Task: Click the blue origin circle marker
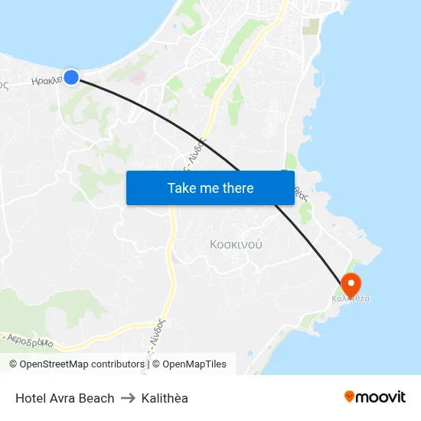pyautogui.click(x=71, y=77)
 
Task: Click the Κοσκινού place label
pyautogui.click(x=236, y=245)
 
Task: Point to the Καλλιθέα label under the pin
pyautogui.click(x=351, y=299)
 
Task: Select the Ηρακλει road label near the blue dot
pyautogui.click(x=47, y=80)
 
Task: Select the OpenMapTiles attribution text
pyautogui.click(x=194, y=364)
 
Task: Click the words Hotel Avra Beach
pyautogui.click(x=65, y=398)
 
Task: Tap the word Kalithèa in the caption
pyautogui.click(x=165, y=398)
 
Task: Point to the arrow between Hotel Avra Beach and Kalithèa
pyautogui.click(x=128, y=398)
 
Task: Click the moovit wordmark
pyautogui.click(x=380, y=397)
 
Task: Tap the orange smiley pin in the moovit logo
pyautogui.click(x=350, y=397)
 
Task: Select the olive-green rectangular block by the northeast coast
pyautogui.click(x=311, y=27)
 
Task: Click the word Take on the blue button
pyautogui.click(x=182, y=188)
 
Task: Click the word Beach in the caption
pyautogui.click(x=98, y=398)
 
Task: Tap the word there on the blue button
pyautogui.click(x=237, y=188)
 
